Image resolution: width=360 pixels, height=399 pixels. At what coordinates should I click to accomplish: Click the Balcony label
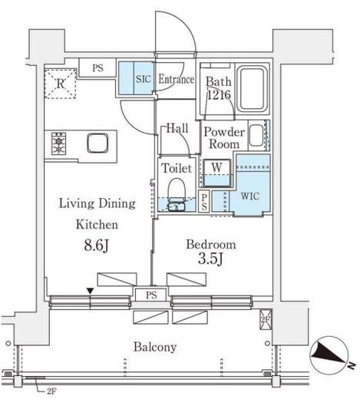[x=155, y=347]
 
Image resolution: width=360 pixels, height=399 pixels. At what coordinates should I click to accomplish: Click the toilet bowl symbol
[x=177, y=192]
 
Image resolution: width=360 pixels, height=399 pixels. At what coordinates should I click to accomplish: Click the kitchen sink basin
[x=97, y=143]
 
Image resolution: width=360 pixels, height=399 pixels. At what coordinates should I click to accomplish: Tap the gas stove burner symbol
[x=60, y=143]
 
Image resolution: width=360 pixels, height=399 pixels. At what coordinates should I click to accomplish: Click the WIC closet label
[x=250, y=196]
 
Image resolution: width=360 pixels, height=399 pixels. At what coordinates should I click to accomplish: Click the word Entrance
[x=177, y=78]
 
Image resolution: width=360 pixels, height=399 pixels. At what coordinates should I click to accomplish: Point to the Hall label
[x=177, y=128]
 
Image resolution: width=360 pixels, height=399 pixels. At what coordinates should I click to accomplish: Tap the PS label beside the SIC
[x=97, y=68]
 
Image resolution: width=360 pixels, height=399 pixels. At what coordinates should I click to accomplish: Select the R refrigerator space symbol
[x=59, y=82]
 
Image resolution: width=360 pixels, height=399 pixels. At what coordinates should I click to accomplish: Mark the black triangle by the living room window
[x=91, y=290]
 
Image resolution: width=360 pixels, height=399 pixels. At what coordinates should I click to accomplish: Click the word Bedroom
[x=209, y=246]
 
